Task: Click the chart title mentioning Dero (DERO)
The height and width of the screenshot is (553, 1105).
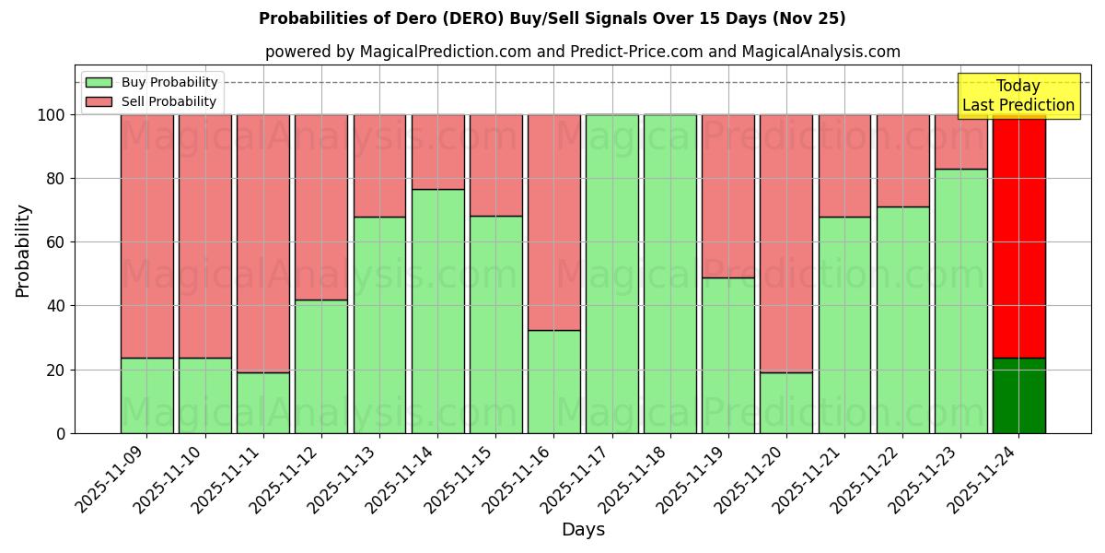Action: point(552,18)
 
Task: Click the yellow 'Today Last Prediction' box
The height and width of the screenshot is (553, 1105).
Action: point(1018,96)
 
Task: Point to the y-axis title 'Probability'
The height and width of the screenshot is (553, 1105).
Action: point(23,251)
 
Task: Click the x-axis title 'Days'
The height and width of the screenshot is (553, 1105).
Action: point(583,530)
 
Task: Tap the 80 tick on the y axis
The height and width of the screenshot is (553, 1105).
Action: point(56,179)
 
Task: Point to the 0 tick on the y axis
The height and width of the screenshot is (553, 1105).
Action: point(61,433)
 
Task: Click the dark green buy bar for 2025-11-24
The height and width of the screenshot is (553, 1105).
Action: point(1018,395)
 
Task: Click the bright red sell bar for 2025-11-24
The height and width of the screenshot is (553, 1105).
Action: point(1018,236)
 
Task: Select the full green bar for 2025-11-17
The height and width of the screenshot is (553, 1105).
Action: point(611,274)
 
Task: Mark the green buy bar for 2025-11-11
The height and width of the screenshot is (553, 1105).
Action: point(262,403)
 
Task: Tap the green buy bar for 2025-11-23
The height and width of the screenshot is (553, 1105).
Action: point(960,300)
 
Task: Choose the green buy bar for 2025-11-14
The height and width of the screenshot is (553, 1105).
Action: point(437,311)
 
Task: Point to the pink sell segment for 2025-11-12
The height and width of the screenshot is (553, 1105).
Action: point(321,207)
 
